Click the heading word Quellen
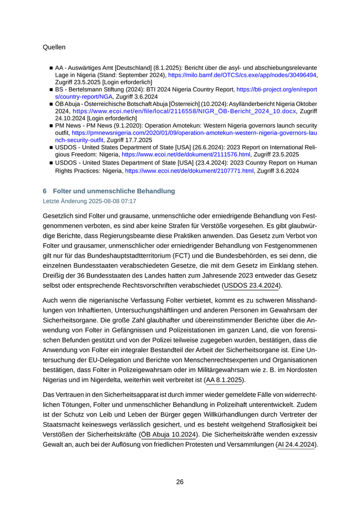(x=54, y=47)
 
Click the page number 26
(x=180, y=482)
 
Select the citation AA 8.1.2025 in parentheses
(x=224, y=380)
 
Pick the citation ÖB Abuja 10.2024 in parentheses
(x=169, y=434)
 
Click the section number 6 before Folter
(x=45, y=191)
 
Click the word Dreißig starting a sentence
(x=56, y=276)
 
